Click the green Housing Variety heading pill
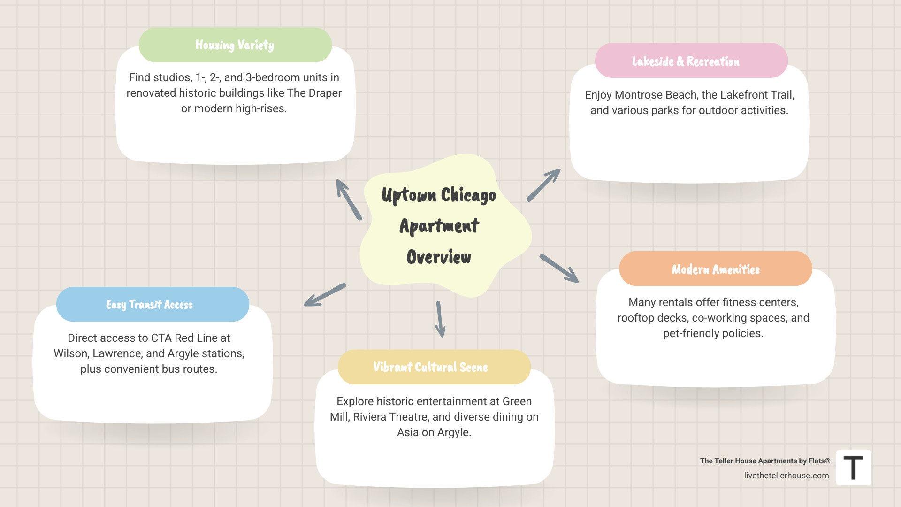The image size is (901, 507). click(x=235, y=45)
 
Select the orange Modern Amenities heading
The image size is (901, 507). click(x=715, y=269)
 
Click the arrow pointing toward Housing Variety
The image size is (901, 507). click(x=348, y=199)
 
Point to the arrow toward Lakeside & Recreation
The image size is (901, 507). click(x=543, y=185)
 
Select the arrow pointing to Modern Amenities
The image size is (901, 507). click(x=559, y=269)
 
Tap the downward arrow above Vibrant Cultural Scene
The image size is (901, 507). click(x=440, y=319)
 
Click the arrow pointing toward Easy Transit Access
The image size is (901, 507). click(x=325, y=295)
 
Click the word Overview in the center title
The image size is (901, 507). click(x=439, y=257)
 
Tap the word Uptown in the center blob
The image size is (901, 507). click(x=409, y=195)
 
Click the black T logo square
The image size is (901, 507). click(x=854, y=468)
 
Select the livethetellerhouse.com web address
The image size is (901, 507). click(x=786, y=476)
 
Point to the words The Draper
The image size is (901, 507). click(x=314, y=93)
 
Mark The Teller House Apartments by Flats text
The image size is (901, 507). click(x=765, y=461)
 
